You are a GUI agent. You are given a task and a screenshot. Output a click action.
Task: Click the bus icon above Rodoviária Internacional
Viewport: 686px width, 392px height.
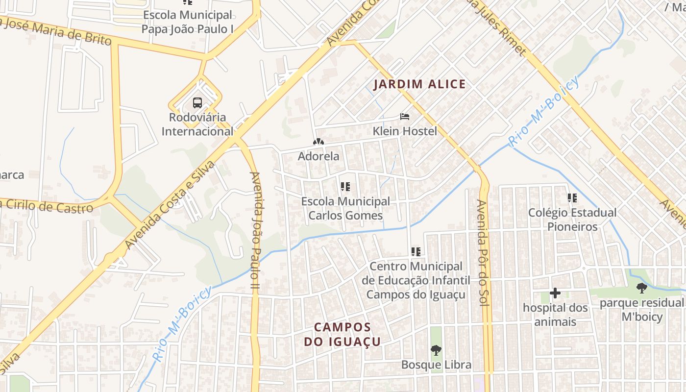click(197, 103)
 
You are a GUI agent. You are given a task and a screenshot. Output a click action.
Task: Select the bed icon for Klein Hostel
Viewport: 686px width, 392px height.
click(405, 117)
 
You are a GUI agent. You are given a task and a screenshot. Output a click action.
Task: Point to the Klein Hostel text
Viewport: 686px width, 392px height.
click(405, 131)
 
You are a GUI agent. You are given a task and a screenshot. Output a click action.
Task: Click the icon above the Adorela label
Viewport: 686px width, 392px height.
click(318, 142)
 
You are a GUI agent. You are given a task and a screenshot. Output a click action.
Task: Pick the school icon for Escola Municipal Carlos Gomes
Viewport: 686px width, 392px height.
click(345, 187)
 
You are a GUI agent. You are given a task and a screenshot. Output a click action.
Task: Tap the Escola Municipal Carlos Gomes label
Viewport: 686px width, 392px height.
click(345, 208)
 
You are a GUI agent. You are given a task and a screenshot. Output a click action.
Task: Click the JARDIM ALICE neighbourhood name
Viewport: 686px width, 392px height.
click(419, 84)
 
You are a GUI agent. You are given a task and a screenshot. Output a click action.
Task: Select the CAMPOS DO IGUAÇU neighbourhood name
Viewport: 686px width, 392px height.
click(342, 334)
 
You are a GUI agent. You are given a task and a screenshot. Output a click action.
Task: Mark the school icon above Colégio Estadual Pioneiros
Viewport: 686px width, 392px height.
click(572, 198)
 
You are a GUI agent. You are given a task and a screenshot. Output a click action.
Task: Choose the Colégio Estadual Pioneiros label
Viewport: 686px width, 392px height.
click(572, 220)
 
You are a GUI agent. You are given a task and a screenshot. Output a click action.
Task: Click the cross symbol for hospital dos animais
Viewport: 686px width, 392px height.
click(555, 293)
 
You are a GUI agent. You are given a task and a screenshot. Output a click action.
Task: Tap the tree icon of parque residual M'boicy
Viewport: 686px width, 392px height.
click(641, 288)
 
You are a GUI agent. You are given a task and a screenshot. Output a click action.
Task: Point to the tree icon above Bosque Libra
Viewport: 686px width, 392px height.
click(436, 350)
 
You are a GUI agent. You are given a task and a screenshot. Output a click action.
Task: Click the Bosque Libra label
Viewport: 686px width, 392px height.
click(436, 365)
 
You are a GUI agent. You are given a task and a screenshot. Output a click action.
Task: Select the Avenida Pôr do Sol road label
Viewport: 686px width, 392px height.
click(483, 253)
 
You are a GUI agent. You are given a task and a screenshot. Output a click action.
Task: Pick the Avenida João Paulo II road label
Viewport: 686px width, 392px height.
click(254, 229)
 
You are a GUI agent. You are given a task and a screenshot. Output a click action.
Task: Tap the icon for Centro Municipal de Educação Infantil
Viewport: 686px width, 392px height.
click(416, 252)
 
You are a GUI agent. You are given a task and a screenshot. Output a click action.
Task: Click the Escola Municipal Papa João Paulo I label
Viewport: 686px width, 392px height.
click(187, 22)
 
